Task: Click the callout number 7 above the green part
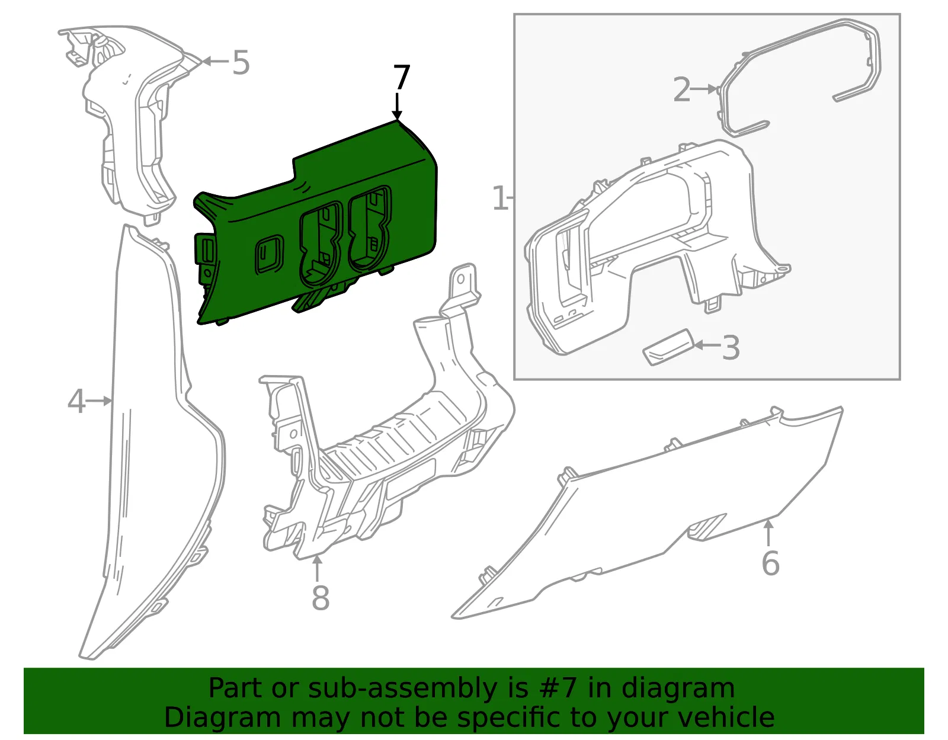click(401, 77)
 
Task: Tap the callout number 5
click(241, 62)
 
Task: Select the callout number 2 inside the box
click(682, 89)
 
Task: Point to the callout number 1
click(500, 198)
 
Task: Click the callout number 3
click(731, 348)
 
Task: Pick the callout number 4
click(77, 401)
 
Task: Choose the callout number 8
click(321, 598)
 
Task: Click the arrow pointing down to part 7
click(397, 105)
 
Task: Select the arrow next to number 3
click(707, 345)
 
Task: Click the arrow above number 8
click(318, 568)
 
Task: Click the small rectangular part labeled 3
click(668, 347)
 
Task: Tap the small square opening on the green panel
click(269, 255)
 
